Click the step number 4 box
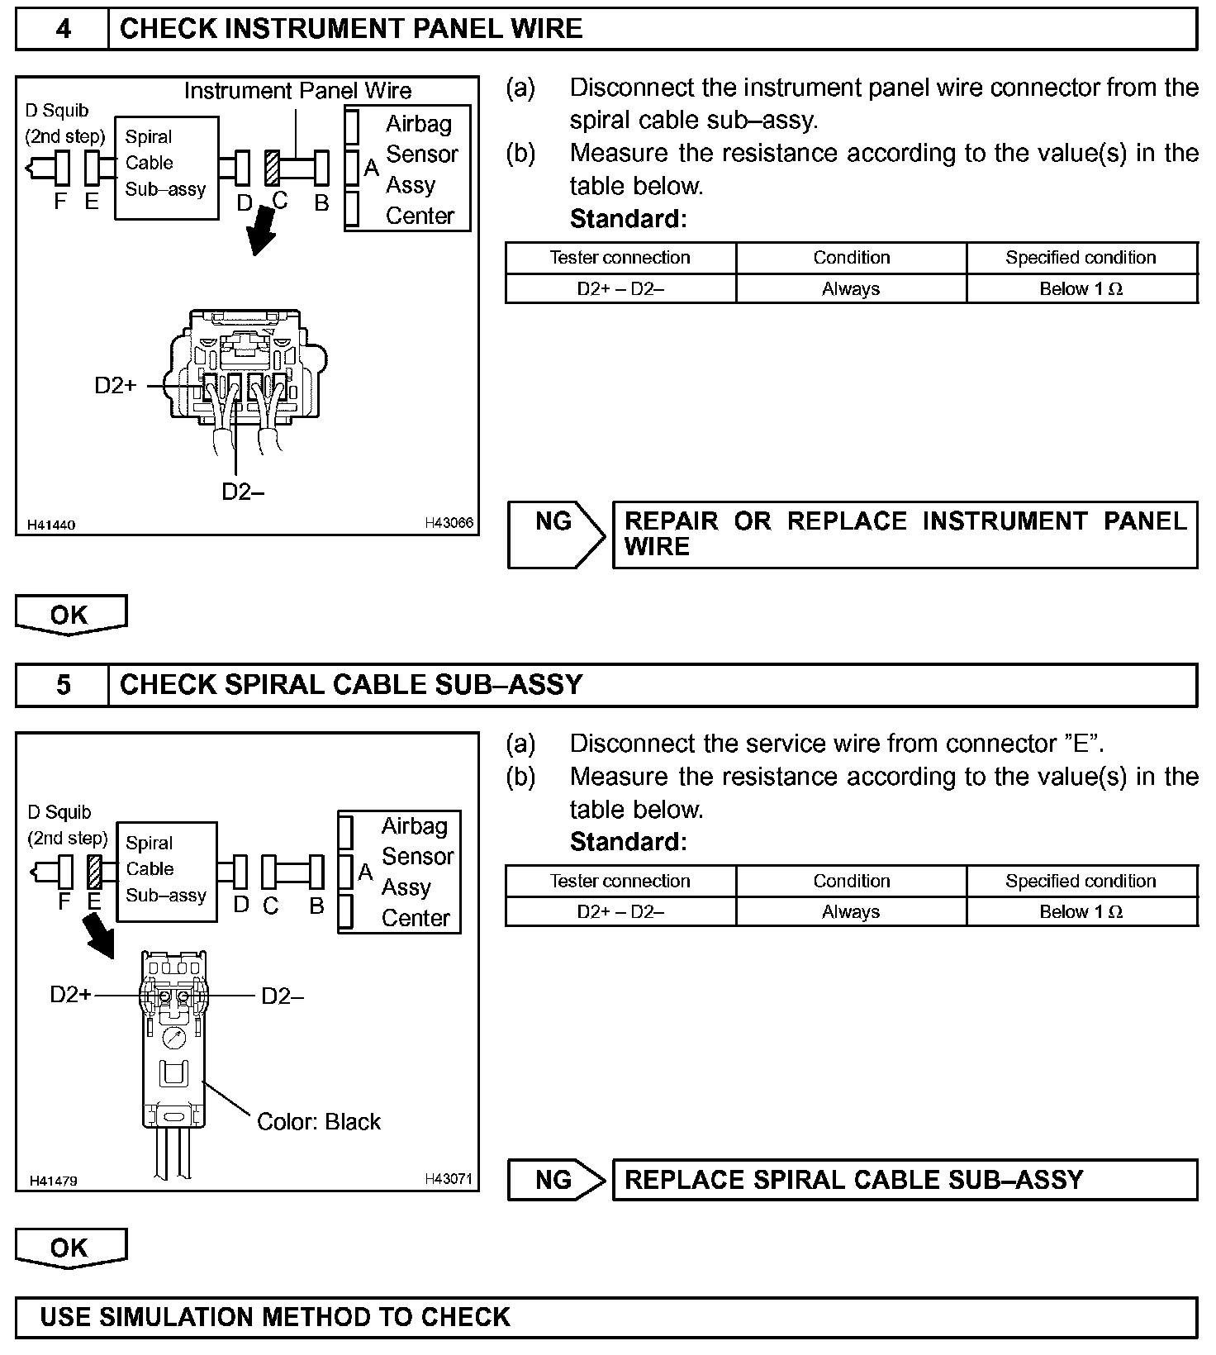click(63, 30)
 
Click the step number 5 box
click(63, 685)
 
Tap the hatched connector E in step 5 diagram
click(94, 872)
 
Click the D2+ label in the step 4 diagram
click(116, 386)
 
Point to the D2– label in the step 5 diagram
click(283, 996)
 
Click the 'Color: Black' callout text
click(319, 1122)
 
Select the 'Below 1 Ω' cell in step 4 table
click(1081, 289)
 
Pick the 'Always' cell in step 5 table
click(851, 912)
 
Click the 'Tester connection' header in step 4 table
click(620, 258)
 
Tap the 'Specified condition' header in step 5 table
click(1081, 881)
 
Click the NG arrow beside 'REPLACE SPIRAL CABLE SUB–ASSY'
click(556, 1180)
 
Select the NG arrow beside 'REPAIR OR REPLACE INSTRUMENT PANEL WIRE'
click(556, 535)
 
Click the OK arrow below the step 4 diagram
click(71, 615)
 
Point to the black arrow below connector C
click(264, 232)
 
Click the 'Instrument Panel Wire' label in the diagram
click(297, 91)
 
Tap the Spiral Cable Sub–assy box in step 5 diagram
click(167, 871)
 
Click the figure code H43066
click(449, 523)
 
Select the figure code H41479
click(53, 1181)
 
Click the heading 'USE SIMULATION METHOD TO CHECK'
click(275, 1316)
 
